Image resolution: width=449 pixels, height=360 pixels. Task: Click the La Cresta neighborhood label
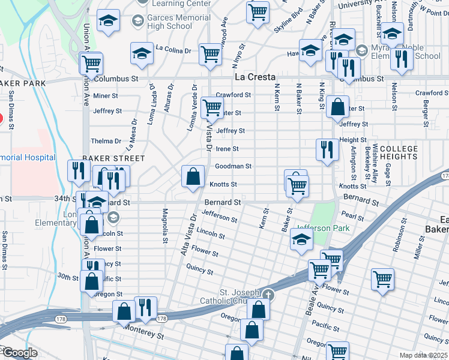[255, 77]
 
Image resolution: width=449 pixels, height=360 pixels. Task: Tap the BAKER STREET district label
[113, 158]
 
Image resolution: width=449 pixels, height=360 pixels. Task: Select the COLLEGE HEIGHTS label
[399, 152]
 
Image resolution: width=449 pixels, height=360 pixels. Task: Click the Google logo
[19, 353]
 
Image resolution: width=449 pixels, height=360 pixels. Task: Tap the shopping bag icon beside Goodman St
[192, 176]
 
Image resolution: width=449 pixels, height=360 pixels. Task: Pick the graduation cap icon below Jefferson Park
[301, 241]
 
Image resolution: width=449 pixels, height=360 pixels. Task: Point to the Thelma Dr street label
[106, 142]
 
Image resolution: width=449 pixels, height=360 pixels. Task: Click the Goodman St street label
[233, 166]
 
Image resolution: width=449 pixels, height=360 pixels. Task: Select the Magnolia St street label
[164, 226]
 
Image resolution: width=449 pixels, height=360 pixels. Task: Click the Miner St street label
[106, 96]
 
